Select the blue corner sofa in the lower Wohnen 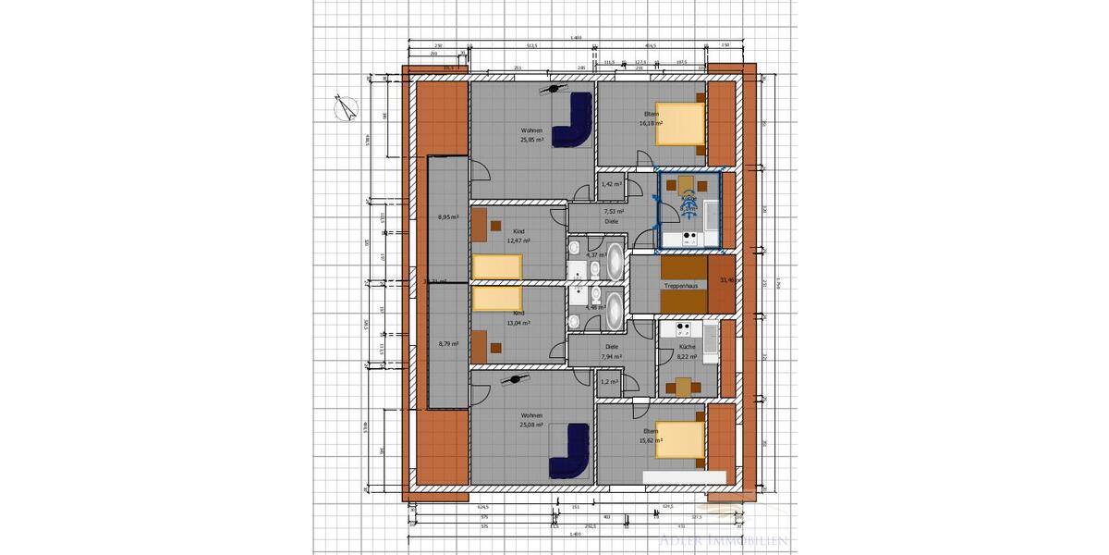pyautogui.click(x=573, y=451)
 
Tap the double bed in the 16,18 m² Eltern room pyautogui.click(x=681, y=125)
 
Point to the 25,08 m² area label pyautogui.click(x=531, y=426)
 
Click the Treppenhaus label pyautogui.click(x=680, y=286)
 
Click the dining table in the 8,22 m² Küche pyautogui.click(x=683, y=386)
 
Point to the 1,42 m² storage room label pyautogui.click(x=610, y=185)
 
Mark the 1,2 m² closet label pyautogui.click(x=609, y=381)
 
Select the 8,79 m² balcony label pyautogui.click(x=448, y=344)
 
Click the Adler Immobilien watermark pyautogui.click(x=723, y=538)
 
